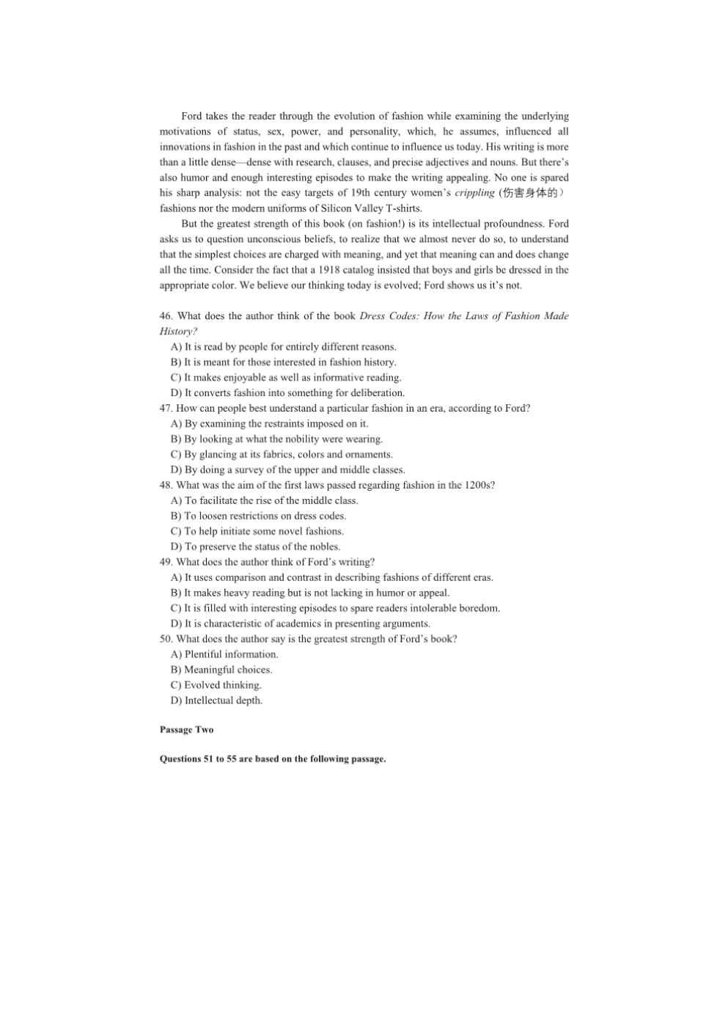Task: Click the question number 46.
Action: tap(166, 316)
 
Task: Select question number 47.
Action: tap(166, 409)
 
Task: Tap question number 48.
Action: tap(166, 486)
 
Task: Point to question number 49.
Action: tap(166, 563)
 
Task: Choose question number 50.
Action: tap(166, 640)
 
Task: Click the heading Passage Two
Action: tap(186, 730)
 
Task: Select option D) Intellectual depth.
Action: tap(216, 701)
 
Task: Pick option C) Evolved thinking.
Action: tap(216, 685)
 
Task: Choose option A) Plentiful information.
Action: tap(224, 654)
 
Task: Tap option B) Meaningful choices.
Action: tap(221, 670)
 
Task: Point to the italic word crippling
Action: tap(474, 193)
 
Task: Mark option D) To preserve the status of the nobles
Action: tap(255, 547)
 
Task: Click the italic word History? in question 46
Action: tap(178, 332)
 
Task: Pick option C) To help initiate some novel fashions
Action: tap(257, 531)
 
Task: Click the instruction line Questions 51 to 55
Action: tap(272, 759)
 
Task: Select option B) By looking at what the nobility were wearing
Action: tap(276, 439)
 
